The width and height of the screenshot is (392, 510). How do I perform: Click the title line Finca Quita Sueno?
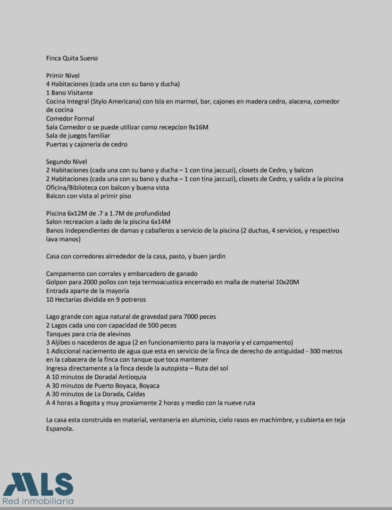[72, 59]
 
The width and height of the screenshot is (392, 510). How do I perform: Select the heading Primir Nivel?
[63, 76]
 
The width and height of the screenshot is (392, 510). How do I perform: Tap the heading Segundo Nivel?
[67, 161]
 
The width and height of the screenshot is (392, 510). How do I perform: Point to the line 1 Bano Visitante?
[69, 93]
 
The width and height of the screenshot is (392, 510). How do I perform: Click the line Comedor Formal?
[70, 119]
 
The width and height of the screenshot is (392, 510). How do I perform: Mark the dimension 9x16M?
[198, 127]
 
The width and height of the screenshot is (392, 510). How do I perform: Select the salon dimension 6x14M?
[160, 221]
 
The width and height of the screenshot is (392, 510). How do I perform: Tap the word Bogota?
[93, 403]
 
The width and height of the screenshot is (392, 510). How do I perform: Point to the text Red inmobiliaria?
[38, 501]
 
